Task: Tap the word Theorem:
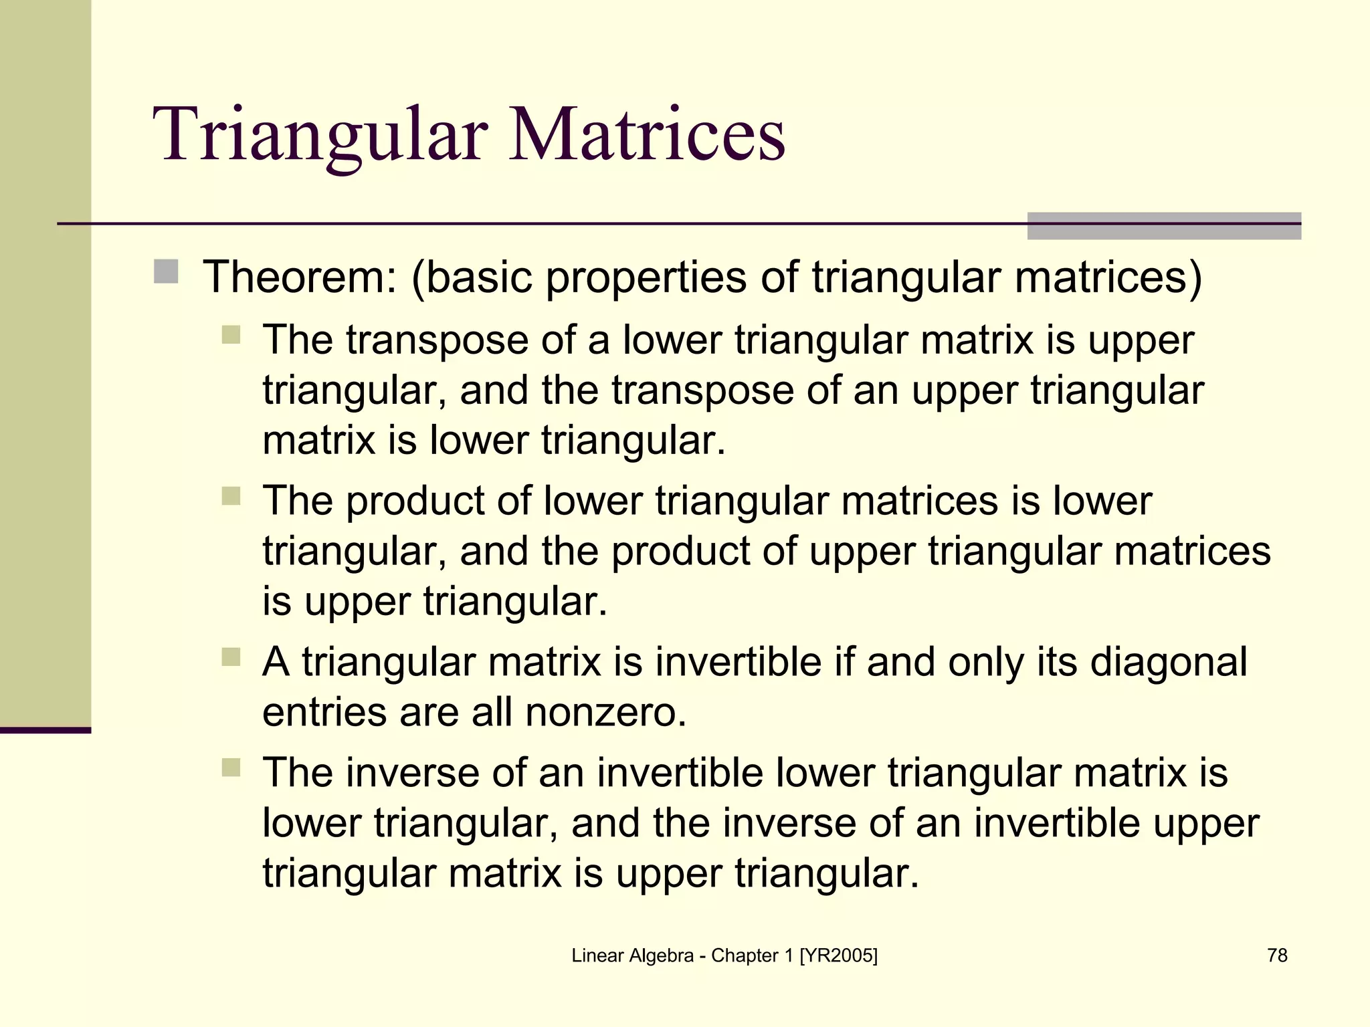tap(300, 277)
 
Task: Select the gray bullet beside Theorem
tap(166, 272)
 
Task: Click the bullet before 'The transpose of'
tap(231, 334)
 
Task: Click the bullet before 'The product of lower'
tap(231, 496)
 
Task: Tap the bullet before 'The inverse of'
tap(231, 767)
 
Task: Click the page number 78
tap(1277, 955)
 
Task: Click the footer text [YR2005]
tap(838, 955)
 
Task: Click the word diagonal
tap(1168, 662)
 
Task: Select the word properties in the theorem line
tap(646, 278)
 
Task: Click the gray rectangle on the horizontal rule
tap(1164, 226)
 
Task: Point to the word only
tap(985, 663)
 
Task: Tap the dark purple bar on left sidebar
tap(45, 730)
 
